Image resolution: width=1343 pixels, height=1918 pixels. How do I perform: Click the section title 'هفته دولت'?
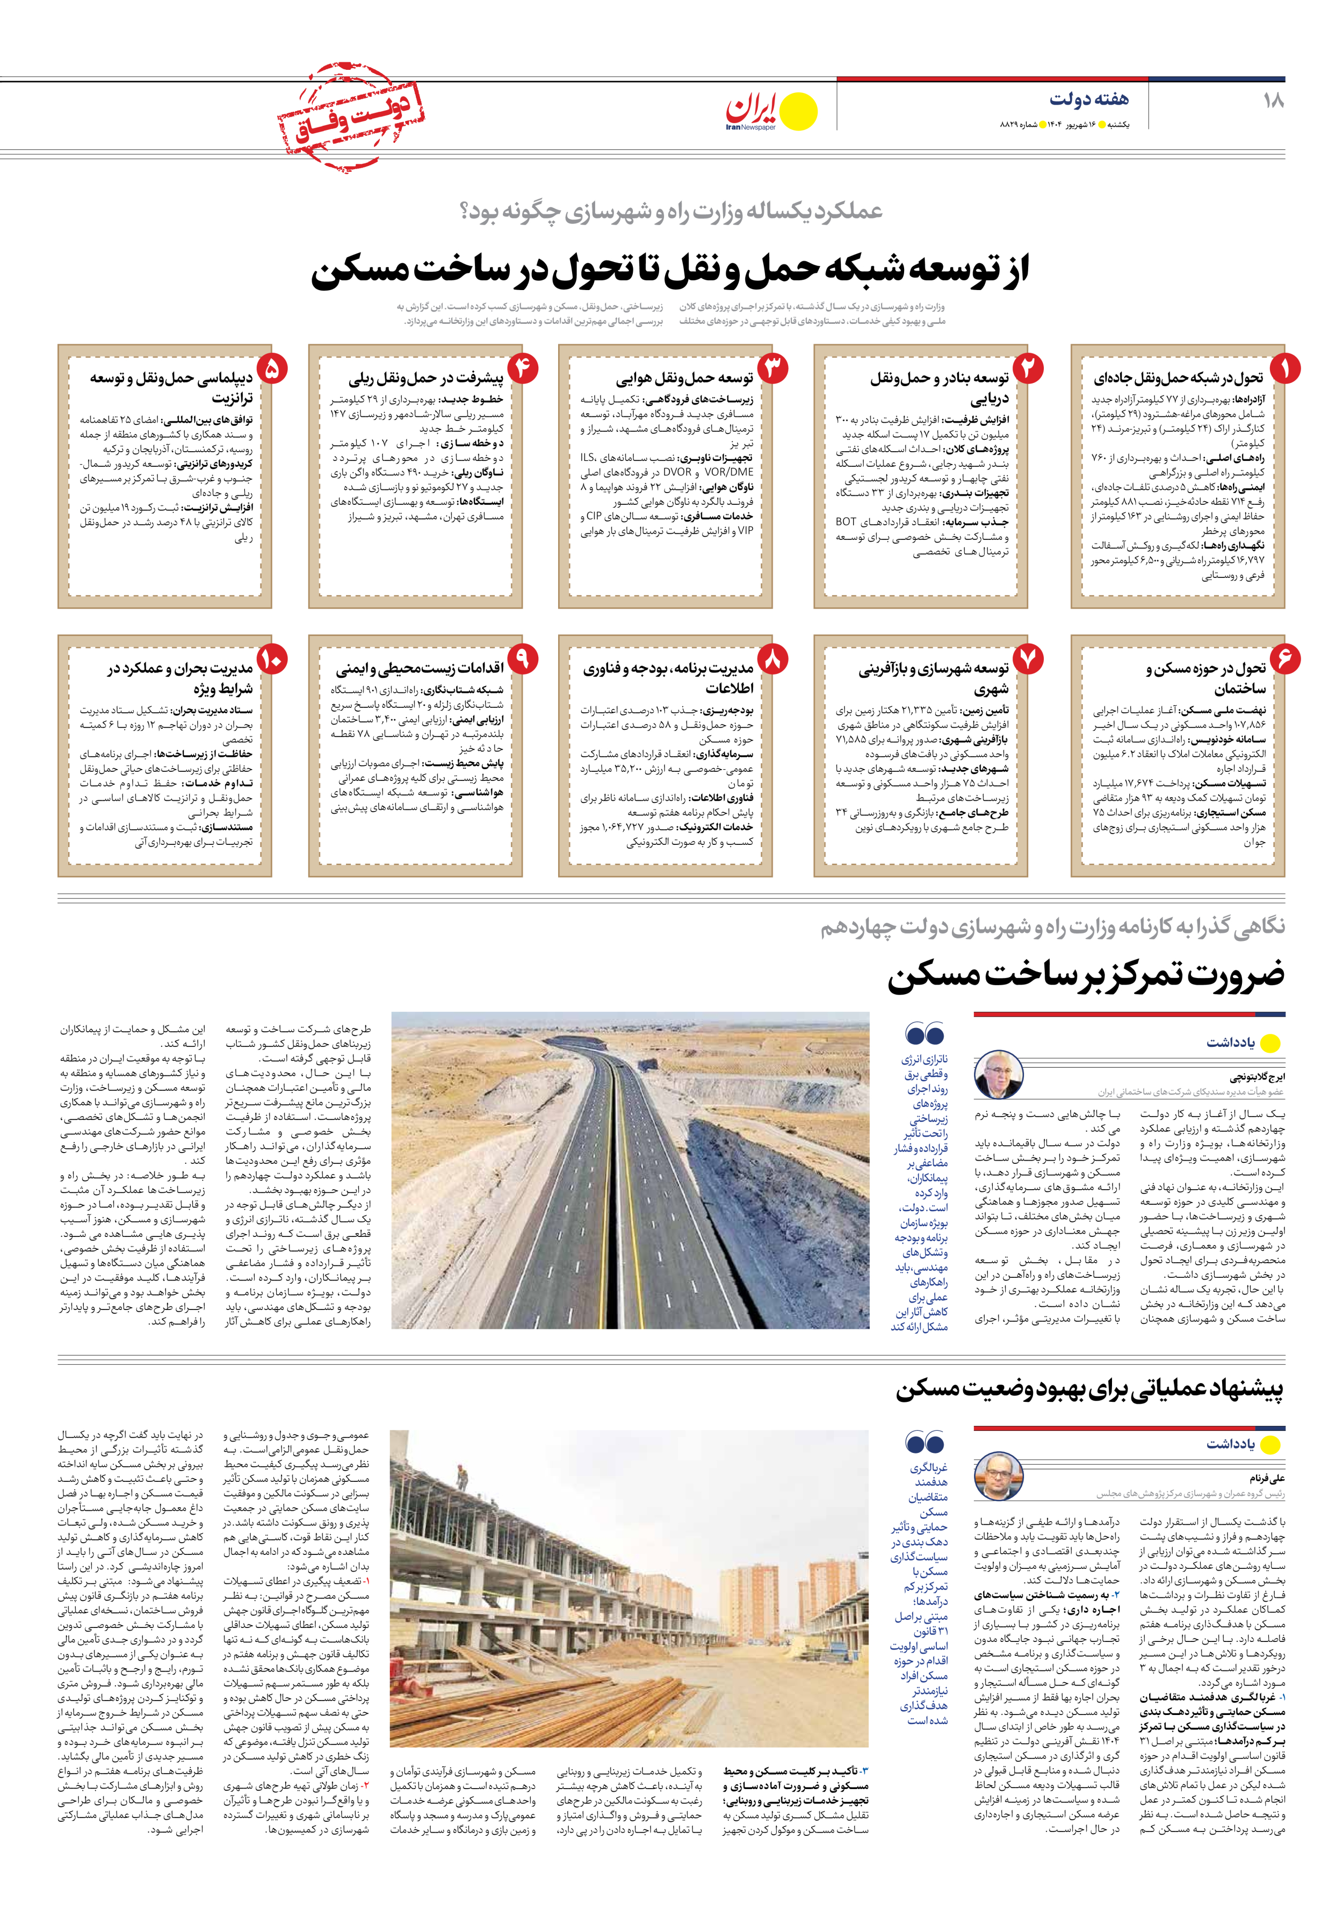coord(1088,99)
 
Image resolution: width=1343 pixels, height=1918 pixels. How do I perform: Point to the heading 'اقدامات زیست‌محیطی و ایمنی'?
coord(420,668)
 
